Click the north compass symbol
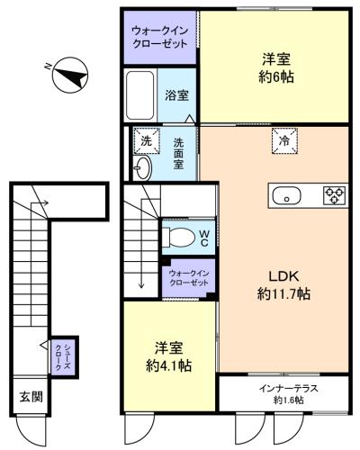tap(70, 76)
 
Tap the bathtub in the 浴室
tap(139, 95)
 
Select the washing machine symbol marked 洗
tap(147, 140)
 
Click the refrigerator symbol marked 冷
tap(284, 140)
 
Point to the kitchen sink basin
tap(286, 195)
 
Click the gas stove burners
tap(334, 195)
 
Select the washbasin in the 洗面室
tap(142, 168)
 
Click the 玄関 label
tap(31, 397)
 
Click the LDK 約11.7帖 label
tap(283, 285)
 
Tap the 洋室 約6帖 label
tap(276, 67)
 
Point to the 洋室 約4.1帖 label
tap(169, 356)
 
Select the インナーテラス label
tap(288, 389)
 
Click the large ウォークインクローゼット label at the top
tap(160, 37)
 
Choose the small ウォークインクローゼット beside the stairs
tap(189, 278)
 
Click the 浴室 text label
tap(176, 95)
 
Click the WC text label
tap(204, 238)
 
